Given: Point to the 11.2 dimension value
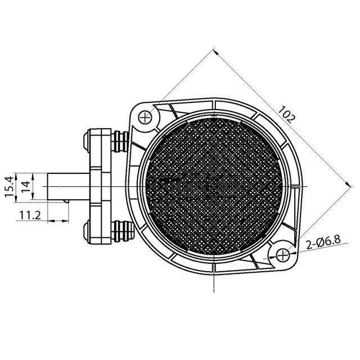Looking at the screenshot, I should click(x=29, y=214).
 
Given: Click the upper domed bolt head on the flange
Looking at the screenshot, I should click(x=85, y=139).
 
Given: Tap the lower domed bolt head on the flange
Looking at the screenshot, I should click(x=85, y=231).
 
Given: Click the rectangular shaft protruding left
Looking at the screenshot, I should click(x=67, y=185).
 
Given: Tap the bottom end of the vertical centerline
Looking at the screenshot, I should click(x=214, y=291).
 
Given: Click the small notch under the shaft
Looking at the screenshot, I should click(x=66, y=200).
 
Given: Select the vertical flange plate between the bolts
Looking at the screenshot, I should click(x=102, y=185).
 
